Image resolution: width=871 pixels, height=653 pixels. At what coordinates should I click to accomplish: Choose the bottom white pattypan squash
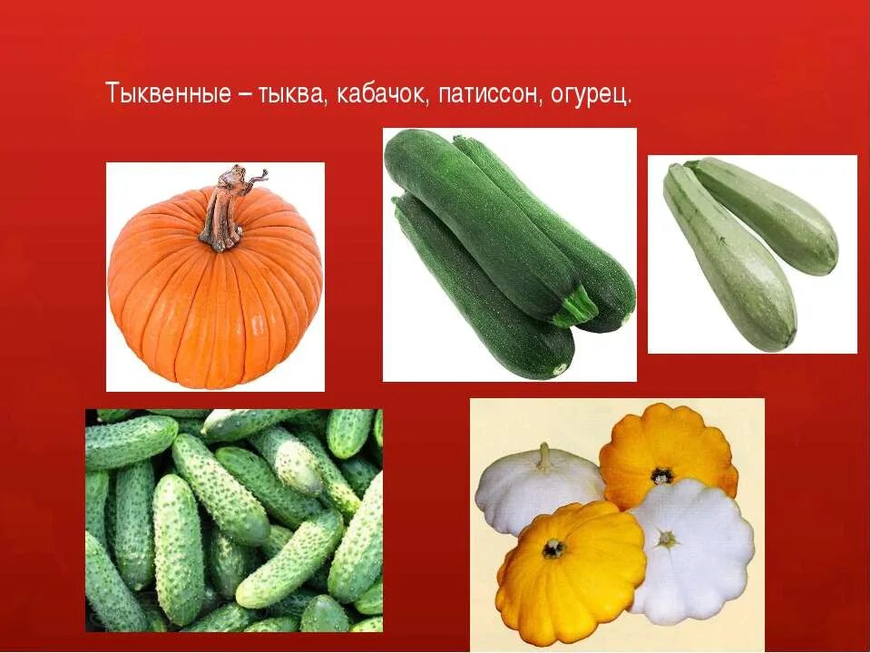coord(694,549)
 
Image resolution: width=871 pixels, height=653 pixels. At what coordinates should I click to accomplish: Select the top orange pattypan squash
coord(667,458)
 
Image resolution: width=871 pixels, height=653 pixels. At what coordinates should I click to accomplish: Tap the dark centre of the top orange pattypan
coord(661,474)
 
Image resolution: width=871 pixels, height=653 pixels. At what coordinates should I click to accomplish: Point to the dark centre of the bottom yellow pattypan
coord(553,548)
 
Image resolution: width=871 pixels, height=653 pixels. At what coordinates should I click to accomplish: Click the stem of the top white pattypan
coord(544,457)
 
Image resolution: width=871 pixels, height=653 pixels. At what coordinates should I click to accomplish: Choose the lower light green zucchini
coord(730,258)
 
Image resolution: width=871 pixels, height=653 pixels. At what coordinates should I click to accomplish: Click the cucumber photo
coord(234,521)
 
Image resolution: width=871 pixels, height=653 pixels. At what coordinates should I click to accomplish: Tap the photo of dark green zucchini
coord(509,254)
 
